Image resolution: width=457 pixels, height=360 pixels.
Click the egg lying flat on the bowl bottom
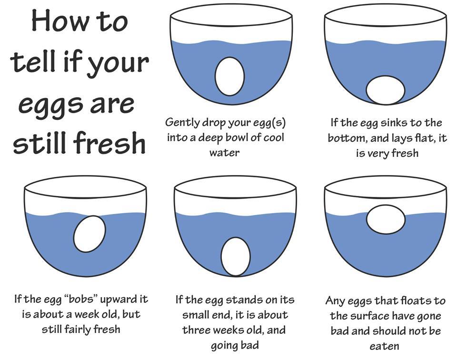pyautogui.click(x=385, y=90)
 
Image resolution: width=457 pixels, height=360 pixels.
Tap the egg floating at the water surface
pyautogui.click(x=386, y=219)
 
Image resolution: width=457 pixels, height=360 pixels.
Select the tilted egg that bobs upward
pyautogui.click(x=89, y=234)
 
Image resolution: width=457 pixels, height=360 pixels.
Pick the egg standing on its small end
pyautogui.click(x=236, y=256)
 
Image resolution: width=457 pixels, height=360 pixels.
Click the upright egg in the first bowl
pyautogui.click(x=229, y=76)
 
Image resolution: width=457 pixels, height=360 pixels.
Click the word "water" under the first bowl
pyautogui.click(x=224, y=153)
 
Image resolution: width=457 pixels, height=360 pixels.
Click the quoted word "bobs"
pyautogui.click(x=81, y=299)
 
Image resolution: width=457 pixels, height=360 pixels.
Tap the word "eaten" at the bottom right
pyautogui.click(x=384, y=346)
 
